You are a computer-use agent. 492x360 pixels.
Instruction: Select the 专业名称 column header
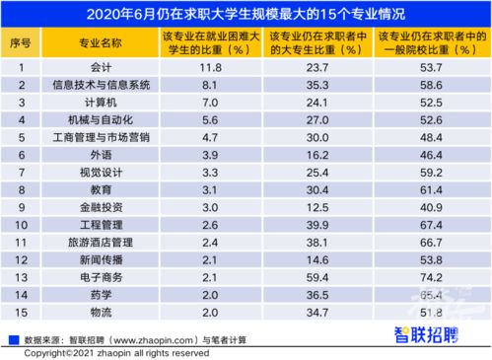click(98, 43)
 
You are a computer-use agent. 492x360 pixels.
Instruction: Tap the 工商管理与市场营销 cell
click(98, 137)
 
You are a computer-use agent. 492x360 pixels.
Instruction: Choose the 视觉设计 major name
click(98, 172)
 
